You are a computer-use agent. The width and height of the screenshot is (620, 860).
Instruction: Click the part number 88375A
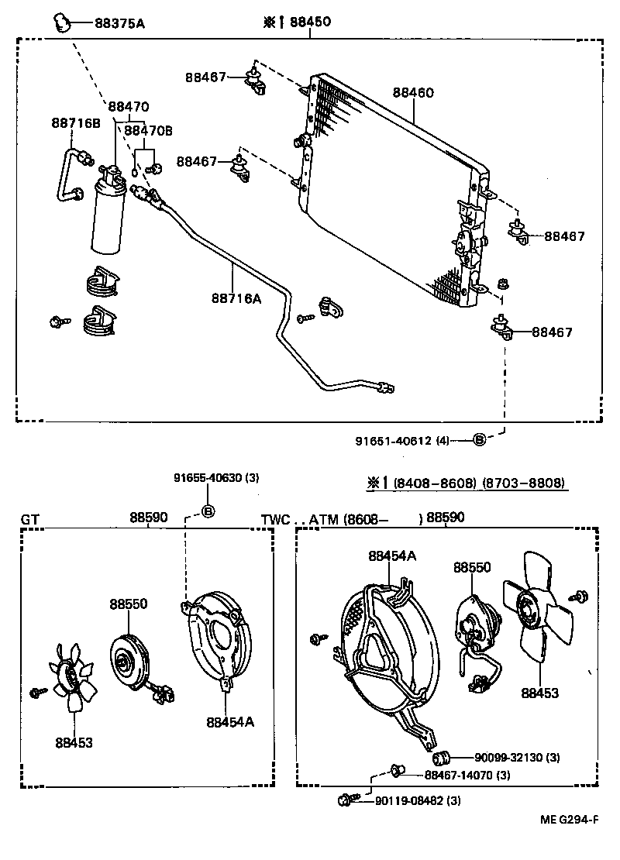coord(119,23)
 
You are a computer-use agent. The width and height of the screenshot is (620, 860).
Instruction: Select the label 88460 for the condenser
coord(412,92)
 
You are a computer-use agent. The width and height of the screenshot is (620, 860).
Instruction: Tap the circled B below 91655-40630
coord(208,511)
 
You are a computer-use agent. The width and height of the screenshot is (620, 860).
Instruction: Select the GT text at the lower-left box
coord(29,518)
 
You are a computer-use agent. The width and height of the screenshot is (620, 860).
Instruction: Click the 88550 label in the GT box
coord(128,604)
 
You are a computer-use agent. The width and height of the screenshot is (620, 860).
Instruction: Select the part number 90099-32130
coord(507,756)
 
